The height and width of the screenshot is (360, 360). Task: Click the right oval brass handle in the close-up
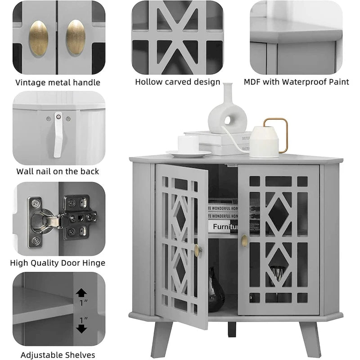[x=76, y=37]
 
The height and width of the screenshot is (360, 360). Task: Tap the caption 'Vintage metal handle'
[x=58, y=82]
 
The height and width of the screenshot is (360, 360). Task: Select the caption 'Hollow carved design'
[x=178, y=82]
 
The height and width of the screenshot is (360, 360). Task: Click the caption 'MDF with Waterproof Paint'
[x=297, y=81]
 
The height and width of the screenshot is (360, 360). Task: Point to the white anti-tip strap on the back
[x=58, y=135]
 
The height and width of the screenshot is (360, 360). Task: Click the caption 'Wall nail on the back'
[x=58, y=171]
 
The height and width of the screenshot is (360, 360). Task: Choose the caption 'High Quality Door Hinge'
[x=58, y=263]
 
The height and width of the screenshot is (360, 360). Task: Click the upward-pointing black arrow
[x=81, y=293]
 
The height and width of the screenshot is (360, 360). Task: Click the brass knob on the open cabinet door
[x=197, y=250]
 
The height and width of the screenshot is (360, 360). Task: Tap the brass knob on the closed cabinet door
[x=244, y=240]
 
